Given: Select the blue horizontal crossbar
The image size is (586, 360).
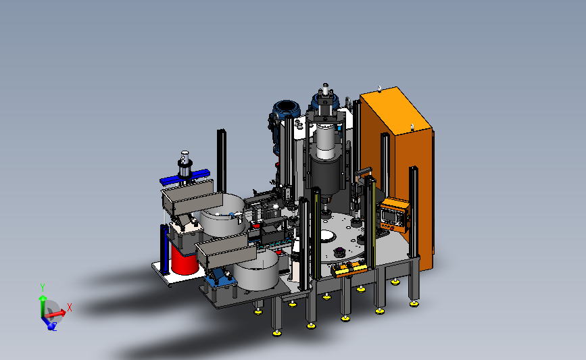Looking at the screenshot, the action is pyautogui.click(x=185, y=178).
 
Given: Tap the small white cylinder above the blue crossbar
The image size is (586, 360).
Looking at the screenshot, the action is pyautogui.click(x=185, y=156).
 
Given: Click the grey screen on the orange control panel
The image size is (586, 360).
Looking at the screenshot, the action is pyautogui.click(x=389, y=215).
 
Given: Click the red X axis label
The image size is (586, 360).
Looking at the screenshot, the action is pyautogui.click(x=69, y=307).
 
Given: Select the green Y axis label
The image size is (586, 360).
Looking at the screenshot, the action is pyautogui.click(x=43, y=288).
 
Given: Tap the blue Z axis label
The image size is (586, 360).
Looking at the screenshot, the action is pyautogui.click(x=55, y=328).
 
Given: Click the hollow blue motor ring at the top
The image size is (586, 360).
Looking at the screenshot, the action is pyautogui.click(x=286, y=108).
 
